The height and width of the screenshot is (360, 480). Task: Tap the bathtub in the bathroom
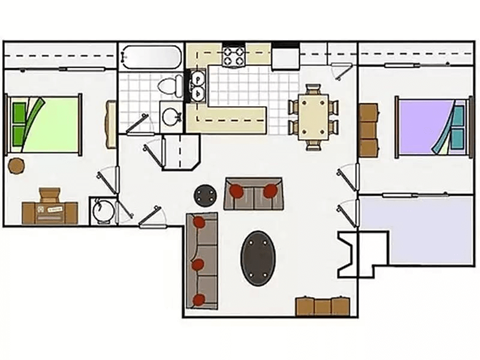pos(150,58)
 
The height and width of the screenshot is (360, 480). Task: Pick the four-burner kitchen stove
pos(235,55)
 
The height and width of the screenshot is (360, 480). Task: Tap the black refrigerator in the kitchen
pos(286,56)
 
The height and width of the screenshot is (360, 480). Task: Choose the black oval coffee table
pos(260,258)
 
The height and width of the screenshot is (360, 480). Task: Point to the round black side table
pos(205,194)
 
